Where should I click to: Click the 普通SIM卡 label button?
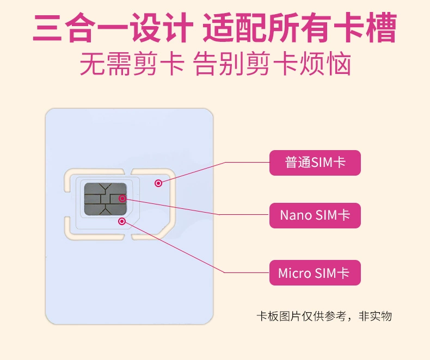coord(315,163)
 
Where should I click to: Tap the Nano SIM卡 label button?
coord(315,215)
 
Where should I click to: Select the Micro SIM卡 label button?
coord(315,273)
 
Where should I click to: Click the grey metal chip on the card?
coord(106,198)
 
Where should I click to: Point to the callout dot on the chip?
coord(122,198)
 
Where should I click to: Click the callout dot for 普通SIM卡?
coord(158,183)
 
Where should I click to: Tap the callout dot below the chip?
coord(122,221)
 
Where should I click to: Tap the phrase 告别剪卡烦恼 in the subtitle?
coord(273,64)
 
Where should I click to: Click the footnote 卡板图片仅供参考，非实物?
coord(324,316)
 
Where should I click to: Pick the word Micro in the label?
coord(294,273)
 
